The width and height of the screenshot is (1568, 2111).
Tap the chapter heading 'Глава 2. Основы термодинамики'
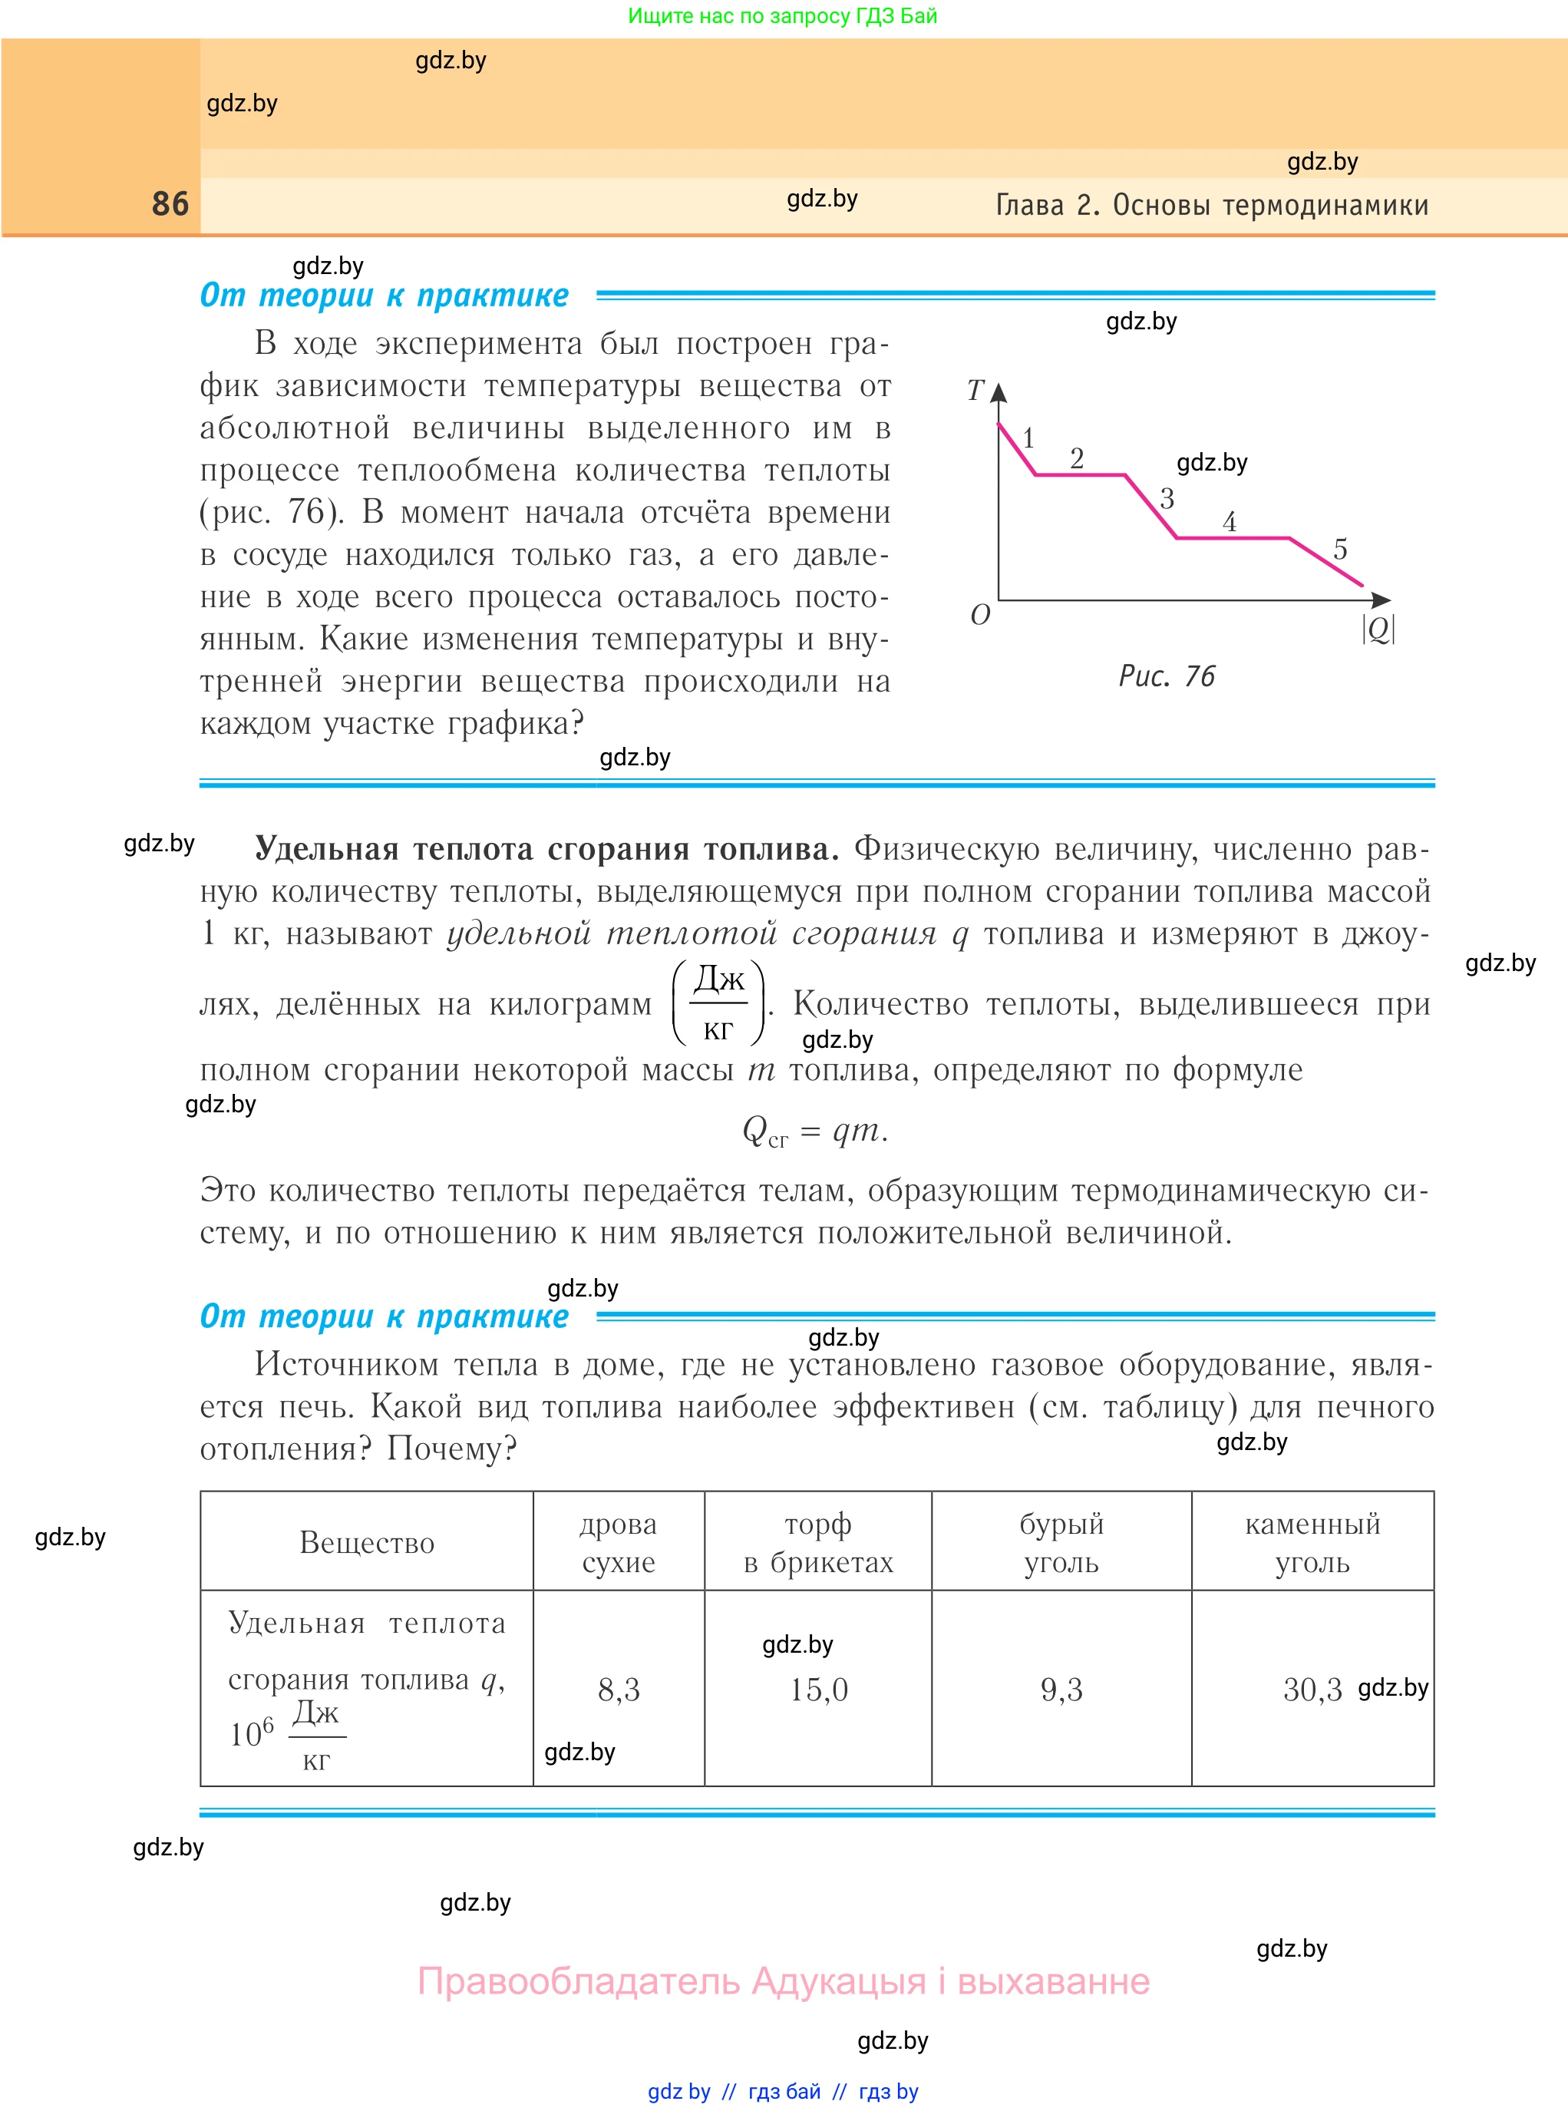(x=1211, y=205)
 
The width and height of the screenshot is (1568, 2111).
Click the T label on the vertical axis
(x=975, y=390)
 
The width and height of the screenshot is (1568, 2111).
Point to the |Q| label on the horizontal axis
(x=1378, y=629)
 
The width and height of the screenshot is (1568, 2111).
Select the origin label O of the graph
(x=980, y=615)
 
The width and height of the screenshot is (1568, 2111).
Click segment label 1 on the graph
(x=1028, y=438)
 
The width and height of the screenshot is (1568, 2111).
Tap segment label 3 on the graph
(x=1167, y=498)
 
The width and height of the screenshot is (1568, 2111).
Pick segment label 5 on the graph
(x=1340, y=549)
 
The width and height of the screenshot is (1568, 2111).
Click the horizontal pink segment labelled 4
(x=1233, y=538)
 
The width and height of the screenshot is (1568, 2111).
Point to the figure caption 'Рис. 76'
(x=1167, y=676)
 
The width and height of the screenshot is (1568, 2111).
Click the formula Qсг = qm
(x=814, y=1131)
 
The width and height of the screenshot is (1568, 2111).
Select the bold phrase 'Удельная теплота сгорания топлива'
(x=546, y=848)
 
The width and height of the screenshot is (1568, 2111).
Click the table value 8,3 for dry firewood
(x=619, y=1690)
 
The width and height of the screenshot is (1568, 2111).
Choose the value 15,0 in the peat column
(x=818, y=1690)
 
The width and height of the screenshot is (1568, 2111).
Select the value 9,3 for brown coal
(x=1061, y=1690)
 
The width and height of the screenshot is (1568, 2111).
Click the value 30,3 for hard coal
(x=1312, y=1690)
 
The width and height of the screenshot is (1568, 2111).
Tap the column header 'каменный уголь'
(x=1312, y=1542)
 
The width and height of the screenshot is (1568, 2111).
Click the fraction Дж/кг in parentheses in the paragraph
(x=718, y=1003)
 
